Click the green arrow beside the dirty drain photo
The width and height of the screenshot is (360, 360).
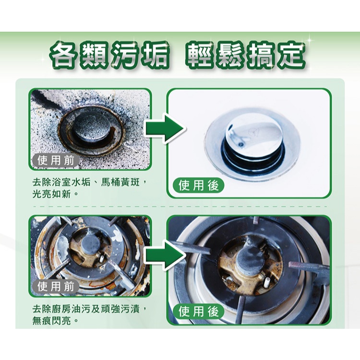coord(165,128)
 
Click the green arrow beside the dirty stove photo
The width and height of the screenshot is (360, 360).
coord(165,255)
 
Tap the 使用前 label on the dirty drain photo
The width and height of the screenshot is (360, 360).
coord(55,160)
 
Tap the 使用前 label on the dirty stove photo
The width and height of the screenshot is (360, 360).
coord(55,287)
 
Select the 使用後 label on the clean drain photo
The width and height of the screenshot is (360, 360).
coord(198,185)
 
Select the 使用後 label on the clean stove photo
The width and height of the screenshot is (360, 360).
coord(198,312)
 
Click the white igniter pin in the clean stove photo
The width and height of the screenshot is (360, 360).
coord(267,281)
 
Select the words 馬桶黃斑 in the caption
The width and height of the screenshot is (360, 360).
coord(120,183)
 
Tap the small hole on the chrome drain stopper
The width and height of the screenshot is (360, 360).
coord(241,144)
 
